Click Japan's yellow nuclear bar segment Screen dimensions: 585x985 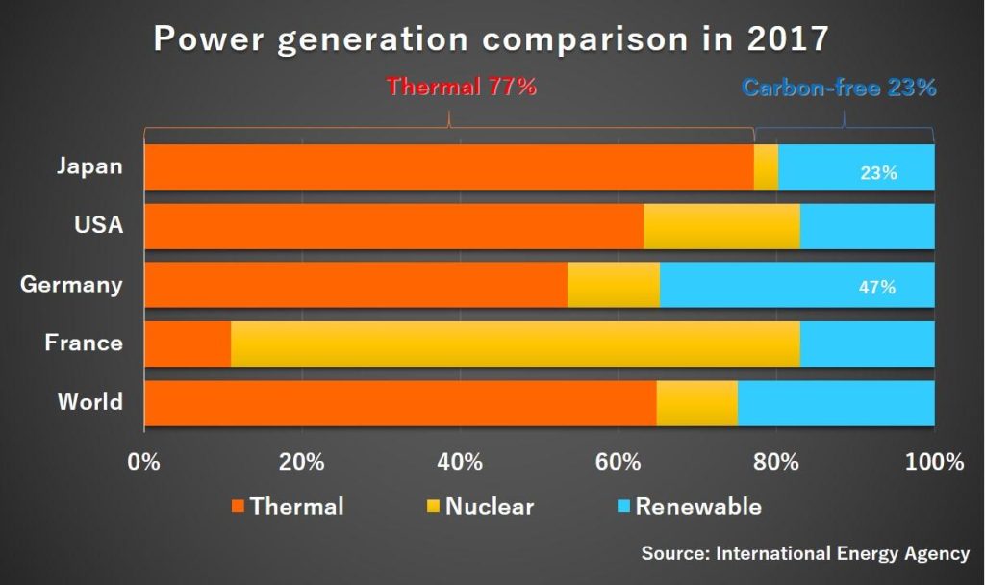(766, 167)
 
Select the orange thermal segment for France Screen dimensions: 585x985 (188, 343)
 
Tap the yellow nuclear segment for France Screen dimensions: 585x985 (515, 343)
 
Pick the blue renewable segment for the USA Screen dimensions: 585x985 (867, 226)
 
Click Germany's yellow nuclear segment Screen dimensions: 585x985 (613, 285)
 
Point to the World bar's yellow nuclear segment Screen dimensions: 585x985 (696, 402)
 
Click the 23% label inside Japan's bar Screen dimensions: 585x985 (879, 173)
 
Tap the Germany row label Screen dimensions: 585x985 (71, 285)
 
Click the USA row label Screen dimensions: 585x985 (98, 225)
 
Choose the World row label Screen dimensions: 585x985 (89, 401)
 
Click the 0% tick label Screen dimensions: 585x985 (144, 461)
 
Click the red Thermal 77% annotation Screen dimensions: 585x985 (461, 87)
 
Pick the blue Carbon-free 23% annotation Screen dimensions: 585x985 (839, 88)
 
